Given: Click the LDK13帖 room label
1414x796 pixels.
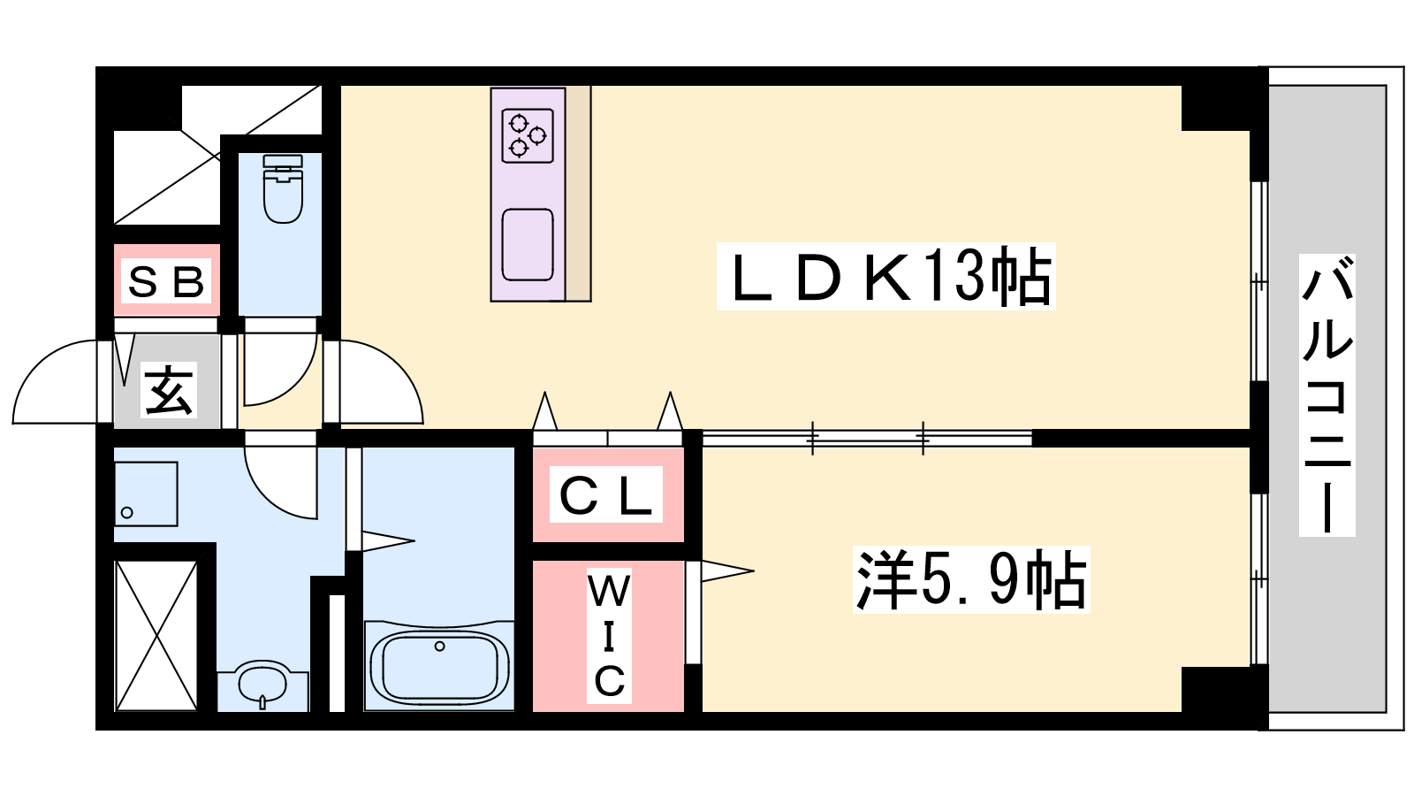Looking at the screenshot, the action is [886, 276].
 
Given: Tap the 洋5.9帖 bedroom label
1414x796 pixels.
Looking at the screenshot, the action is [971, 579].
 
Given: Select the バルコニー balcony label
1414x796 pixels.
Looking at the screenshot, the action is [1327, 394].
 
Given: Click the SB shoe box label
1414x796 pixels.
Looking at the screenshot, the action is [167, 282].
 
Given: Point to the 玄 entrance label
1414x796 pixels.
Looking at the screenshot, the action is [169, 390].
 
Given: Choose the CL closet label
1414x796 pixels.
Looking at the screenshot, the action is [606, 494].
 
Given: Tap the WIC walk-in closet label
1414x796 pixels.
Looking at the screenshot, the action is [609, 636].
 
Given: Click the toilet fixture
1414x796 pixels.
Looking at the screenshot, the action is [283, 188].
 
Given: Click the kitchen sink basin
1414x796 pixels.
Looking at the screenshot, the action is [528, 244].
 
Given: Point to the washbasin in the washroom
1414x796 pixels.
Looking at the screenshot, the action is [262, 684].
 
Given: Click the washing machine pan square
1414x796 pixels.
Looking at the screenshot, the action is [146, 494].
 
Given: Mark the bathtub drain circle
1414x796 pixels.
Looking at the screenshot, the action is [440, 647].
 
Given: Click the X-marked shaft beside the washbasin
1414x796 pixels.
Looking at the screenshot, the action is [156, 636].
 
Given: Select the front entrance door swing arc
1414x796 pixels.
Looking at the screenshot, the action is [56, 381].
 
